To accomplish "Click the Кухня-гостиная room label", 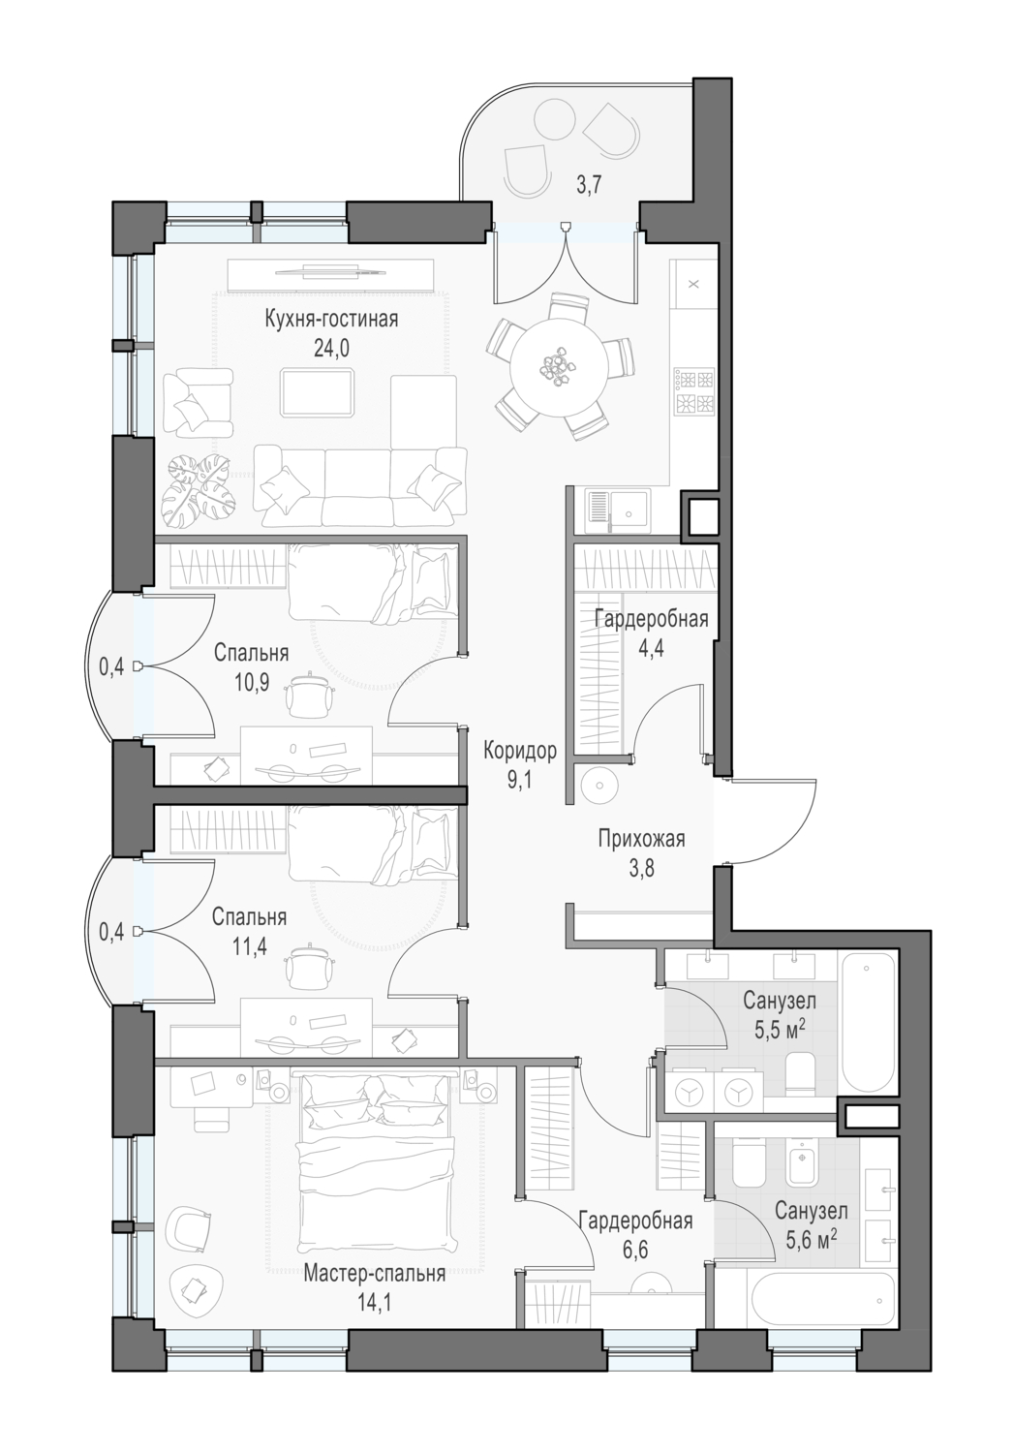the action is (x=331, y=319).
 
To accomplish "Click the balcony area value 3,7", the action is (x=590, y=186).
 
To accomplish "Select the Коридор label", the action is (x=520, y=751).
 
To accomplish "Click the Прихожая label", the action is (x=641, y=839).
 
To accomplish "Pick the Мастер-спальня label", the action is (x=374, y=1305).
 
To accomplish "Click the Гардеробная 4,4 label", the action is (x=651, y=634).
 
